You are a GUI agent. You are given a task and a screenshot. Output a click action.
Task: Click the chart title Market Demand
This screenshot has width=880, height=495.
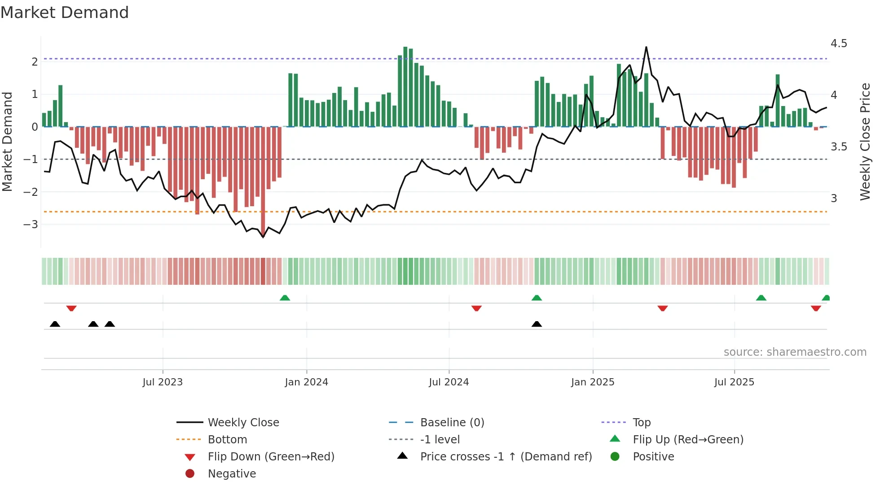[65, 13]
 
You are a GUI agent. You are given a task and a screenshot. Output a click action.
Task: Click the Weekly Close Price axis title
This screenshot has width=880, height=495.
[865, 141]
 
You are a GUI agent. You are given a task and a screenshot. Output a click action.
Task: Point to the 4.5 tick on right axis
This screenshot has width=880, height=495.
[838, 44]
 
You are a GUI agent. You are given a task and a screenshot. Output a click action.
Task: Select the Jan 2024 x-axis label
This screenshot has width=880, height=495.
[306, 382]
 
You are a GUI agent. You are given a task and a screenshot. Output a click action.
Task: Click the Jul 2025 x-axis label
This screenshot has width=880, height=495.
[734, 382]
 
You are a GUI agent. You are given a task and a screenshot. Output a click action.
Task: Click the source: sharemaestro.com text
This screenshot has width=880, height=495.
[795, 352]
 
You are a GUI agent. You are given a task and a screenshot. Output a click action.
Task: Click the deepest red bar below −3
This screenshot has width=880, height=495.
[263, 180]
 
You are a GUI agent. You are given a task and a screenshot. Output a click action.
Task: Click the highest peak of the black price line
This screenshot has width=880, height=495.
[646, 47]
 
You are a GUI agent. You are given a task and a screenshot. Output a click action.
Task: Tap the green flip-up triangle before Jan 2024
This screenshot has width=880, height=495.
[285, 298]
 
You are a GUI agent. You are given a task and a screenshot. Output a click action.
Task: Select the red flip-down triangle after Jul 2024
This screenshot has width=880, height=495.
[476, 308]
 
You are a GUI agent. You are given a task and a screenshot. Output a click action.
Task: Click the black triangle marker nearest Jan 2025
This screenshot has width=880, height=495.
[537, 324]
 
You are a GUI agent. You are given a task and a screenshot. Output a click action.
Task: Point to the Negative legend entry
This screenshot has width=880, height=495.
[232, 474]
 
